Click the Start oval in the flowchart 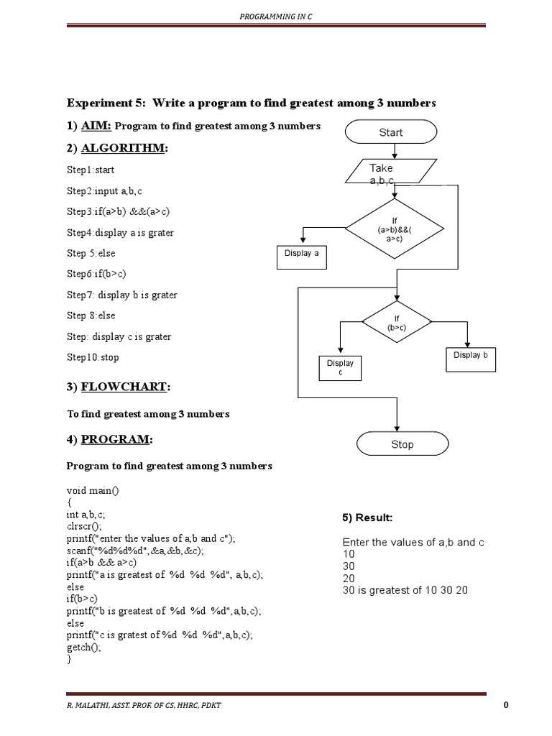[390, 132]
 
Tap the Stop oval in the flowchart [402, 444]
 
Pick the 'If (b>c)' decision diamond [397, 322]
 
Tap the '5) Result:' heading [367, 517]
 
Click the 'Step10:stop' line [93, 357]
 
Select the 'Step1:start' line [91, 170]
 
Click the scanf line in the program [135, 551]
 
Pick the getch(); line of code [84, 647]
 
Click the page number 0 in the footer [506, 705]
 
